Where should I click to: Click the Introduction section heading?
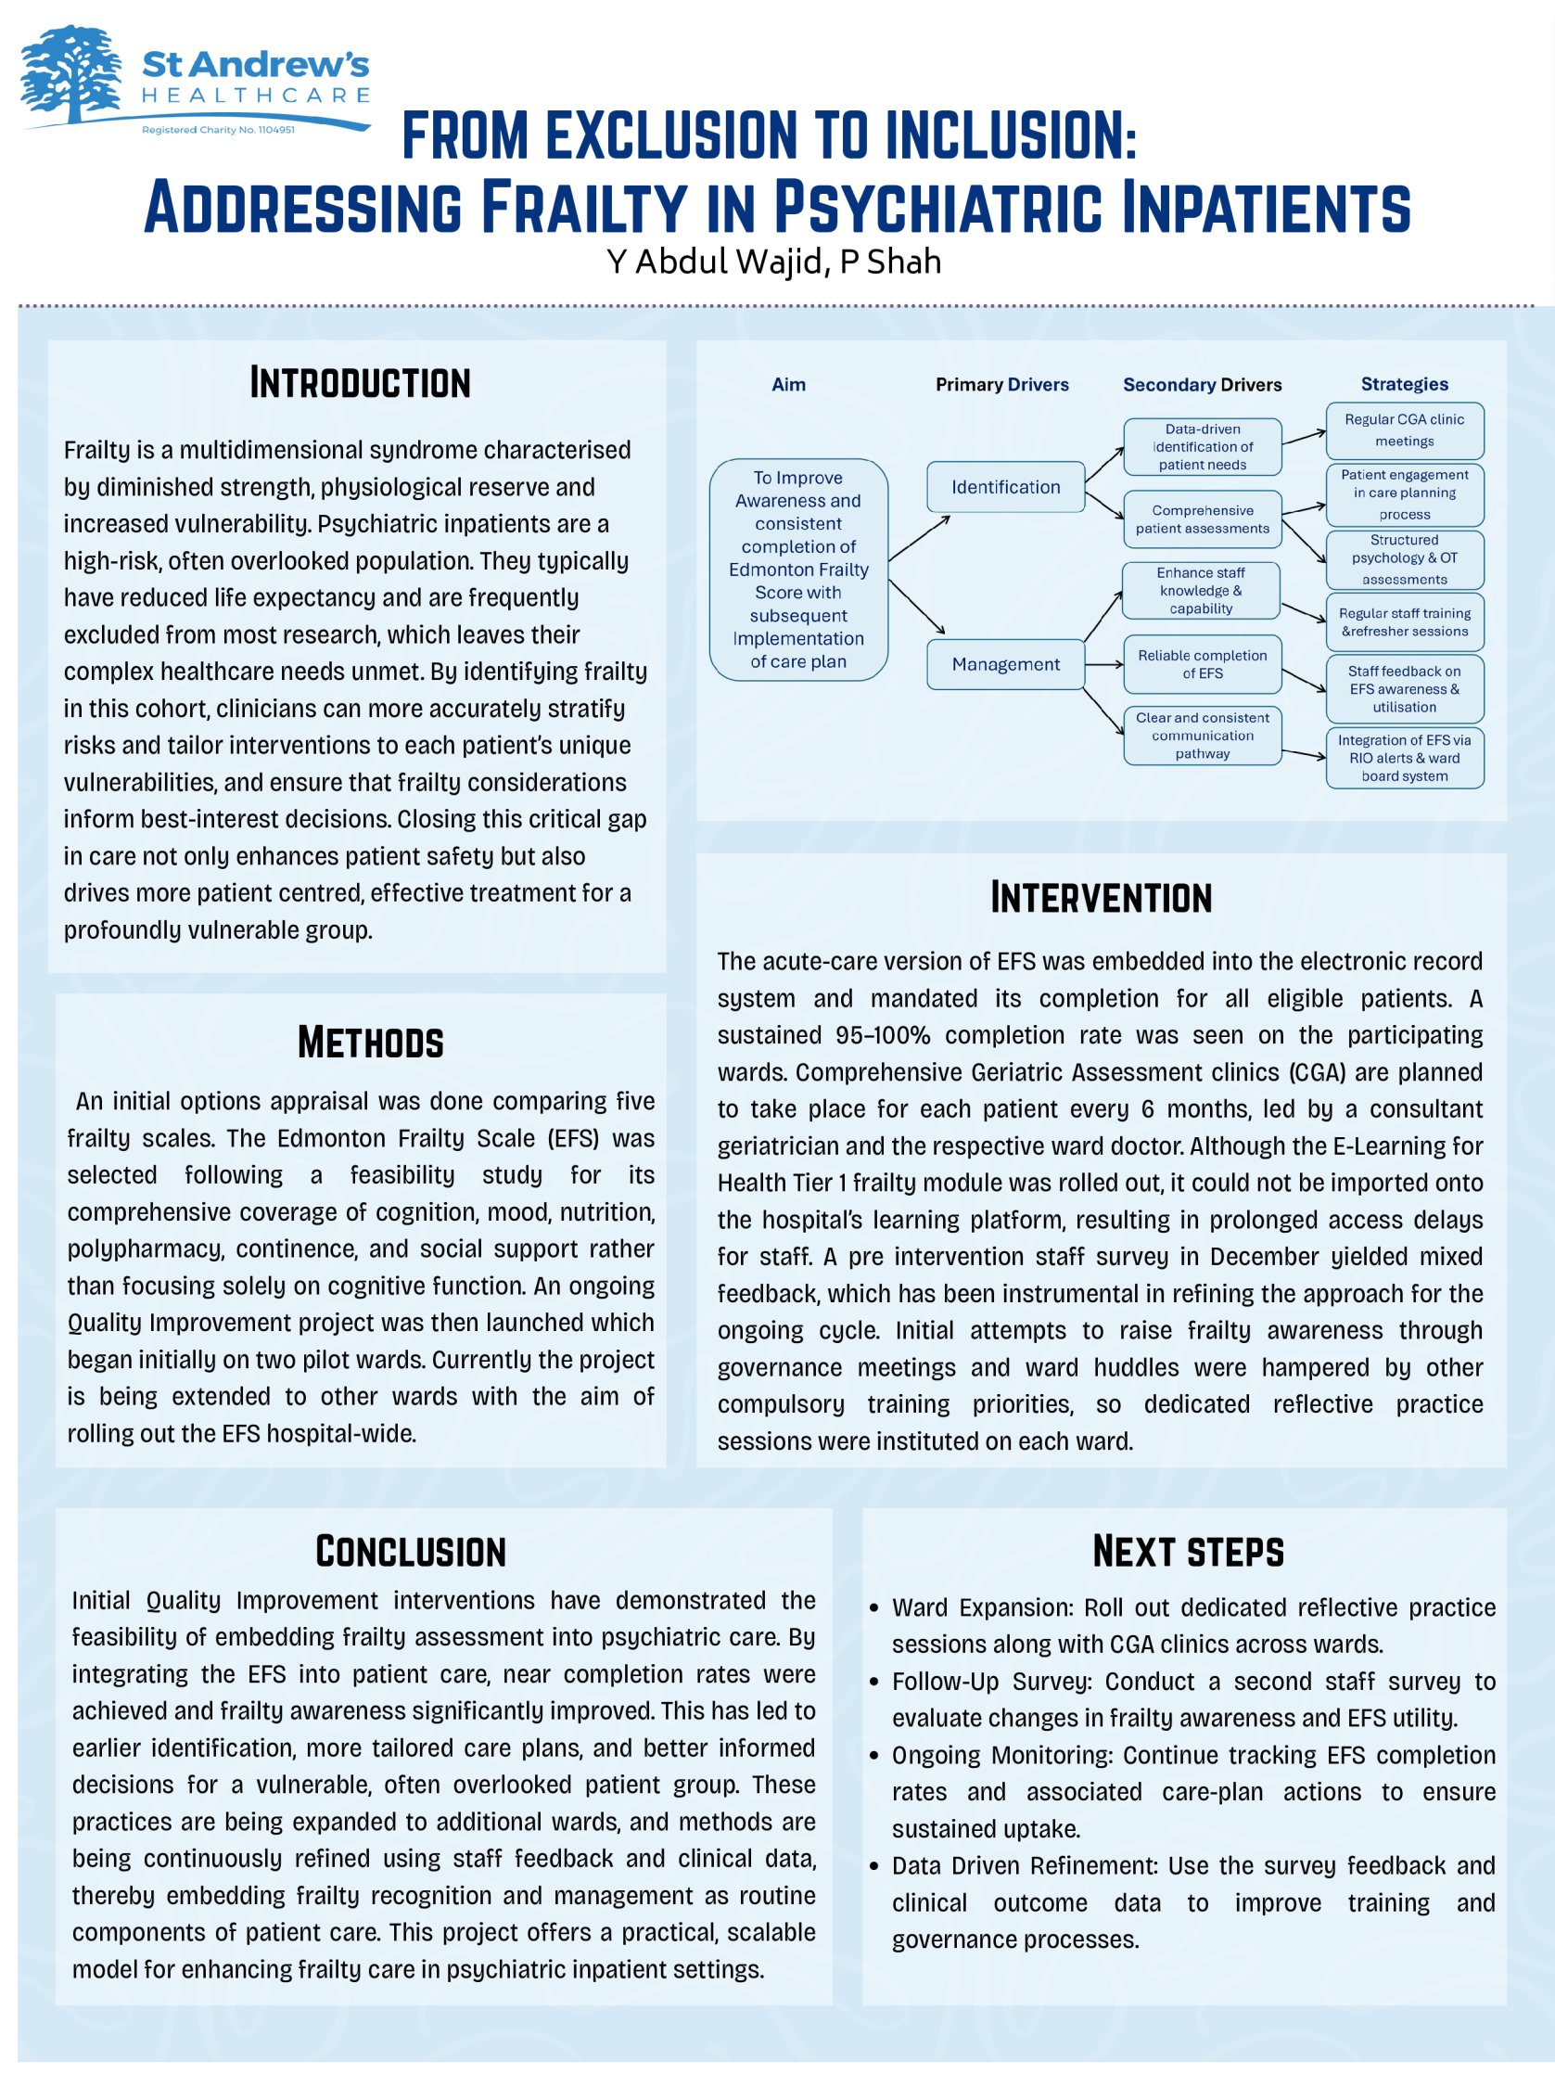(360, 383)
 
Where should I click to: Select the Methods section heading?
(370, 1043)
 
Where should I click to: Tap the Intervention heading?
(1101, 897)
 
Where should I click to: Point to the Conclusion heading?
(411, 1552)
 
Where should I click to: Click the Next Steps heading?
(1188, 1552)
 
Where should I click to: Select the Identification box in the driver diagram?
(1006, 487)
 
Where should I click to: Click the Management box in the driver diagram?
(1006, 664)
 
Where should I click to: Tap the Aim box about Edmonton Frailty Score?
(797, 570)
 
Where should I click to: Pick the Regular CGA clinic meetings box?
(1404, 430)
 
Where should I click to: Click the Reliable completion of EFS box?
(1202, 664)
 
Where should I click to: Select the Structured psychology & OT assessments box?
(1404, 559)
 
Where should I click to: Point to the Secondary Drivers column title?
(1202, 384)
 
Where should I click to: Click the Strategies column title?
(1404, 383)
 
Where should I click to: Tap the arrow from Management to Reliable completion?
(1104, 665)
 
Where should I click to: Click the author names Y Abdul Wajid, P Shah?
(773, 262)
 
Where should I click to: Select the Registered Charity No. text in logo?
(218, 129)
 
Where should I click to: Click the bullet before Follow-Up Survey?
(873, 1682)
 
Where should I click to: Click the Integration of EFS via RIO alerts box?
(1404, 758)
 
